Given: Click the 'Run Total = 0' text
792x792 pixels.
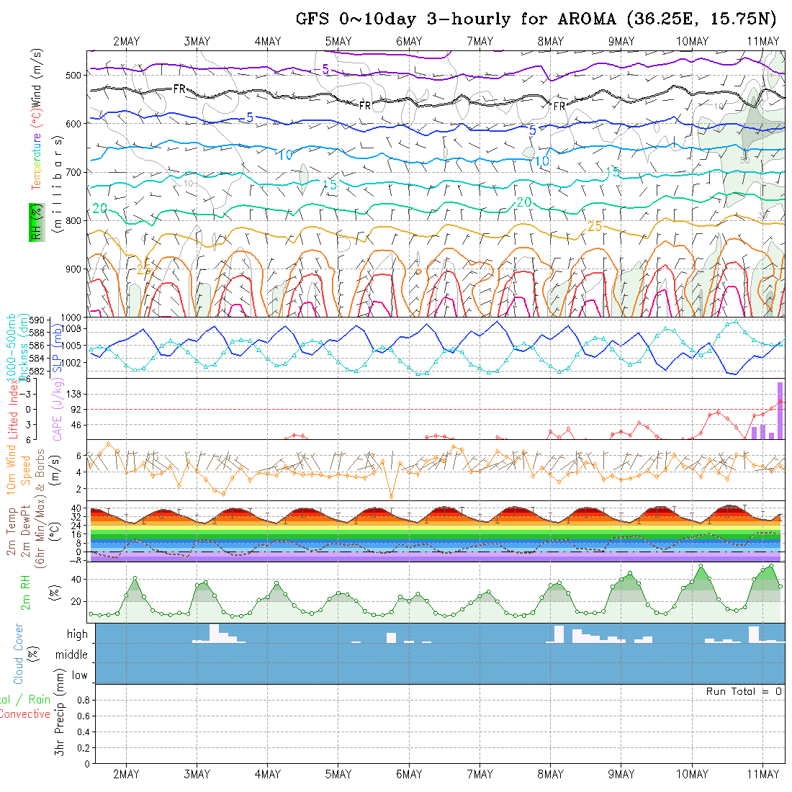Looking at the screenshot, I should [744, 691].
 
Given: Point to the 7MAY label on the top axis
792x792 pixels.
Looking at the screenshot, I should [479, 41].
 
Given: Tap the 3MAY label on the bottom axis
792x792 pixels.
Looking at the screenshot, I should [197, 774].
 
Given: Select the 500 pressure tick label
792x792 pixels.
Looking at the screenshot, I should [72, 74].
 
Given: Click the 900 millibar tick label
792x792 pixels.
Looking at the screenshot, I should [72, 269].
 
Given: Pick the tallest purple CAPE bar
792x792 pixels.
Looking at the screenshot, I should [780, 410].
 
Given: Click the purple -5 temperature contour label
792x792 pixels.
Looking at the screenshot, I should [321, 69].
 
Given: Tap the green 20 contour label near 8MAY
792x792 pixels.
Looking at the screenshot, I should [524, 202].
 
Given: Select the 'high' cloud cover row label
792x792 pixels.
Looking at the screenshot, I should [77, 634].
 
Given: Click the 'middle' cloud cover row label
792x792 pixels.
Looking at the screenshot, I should [72, 654].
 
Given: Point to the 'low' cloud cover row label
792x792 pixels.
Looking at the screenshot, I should [79, 675].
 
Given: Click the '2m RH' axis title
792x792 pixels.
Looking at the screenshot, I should [26, 592].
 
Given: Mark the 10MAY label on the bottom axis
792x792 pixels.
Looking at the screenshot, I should [692, 774].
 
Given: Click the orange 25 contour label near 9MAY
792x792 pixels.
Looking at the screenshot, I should [595, 226].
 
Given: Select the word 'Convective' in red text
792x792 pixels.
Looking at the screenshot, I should [25, 714].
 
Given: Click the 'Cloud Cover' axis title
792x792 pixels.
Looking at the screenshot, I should [19, 654].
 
